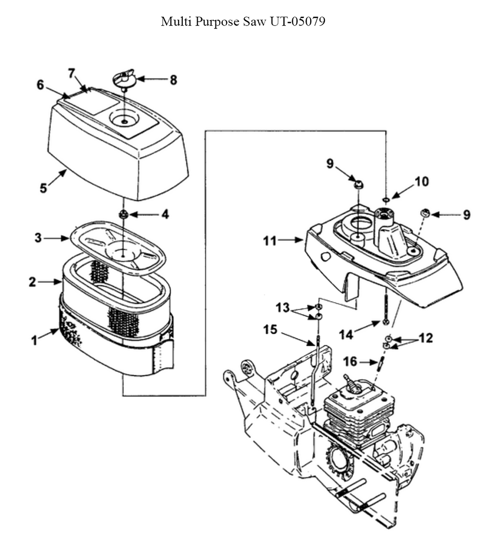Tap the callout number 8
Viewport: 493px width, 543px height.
(x=173, y=80)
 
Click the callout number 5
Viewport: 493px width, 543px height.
(x=43, y=188)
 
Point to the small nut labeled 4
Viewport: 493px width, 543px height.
(x=123, y=215)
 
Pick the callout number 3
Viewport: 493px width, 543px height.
(x=38, y=238)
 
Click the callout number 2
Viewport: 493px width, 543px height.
(x=33, y=282)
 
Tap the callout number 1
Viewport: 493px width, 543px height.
(x=35, y=340)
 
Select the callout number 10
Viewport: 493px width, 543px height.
(x=422, y=181)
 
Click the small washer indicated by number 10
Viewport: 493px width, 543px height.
(x=386, y=200)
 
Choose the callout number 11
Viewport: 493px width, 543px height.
(x=270, y=240)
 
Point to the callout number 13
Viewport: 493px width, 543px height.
(x=282, y=307)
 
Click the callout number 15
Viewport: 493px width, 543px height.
(x=270, y=329)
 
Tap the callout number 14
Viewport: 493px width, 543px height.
(x=346, y=334)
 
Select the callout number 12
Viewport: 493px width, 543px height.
(x=426, y=338)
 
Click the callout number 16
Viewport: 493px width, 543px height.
(x=350, y=362)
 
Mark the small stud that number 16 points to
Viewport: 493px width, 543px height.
(x=381, y=363)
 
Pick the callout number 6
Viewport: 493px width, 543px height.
(x=40, y=84)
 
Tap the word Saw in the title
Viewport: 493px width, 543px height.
(x=254, y=22)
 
